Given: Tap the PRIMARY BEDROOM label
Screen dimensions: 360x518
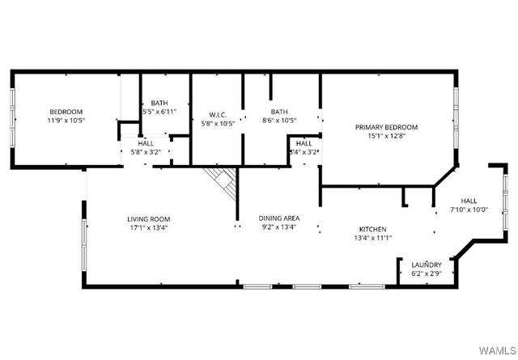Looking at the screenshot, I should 386,127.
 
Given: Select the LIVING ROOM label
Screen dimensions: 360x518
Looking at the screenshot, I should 148,218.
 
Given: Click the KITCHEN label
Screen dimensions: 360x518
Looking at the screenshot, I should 372,229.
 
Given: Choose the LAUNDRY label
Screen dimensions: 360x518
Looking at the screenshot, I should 426,265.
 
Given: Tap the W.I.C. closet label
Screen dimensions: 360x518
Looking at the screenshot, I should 218,113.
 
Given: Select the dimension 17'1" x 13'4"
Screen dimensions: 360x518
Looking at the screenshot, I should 148,228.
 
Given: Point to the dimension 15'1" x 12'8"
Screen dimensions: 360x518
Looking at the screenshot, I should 386,136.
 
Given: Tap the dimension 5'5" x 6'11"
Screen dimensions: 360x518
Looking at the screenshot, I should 159,112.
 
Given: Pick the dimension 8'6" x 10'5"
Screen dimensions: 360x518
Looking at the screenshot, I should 279,121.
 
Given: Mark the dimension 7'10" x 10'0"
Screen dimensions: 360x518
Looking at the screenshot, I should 469,210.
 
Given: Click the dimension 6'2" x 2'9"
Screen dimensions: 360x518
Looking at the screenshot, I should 426,273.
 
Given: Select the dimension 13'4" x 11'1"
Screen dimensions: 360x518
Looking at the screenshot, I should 372,238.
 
